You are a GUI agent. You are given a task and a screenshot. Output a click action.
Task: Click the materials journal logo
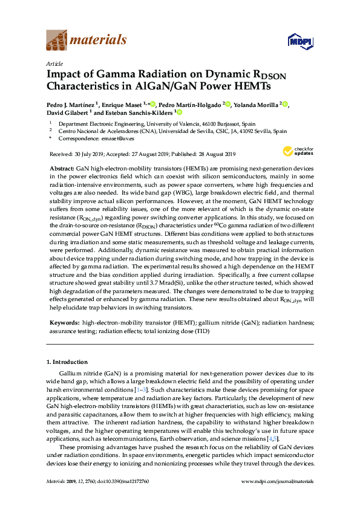pyautogui.click(x=87, y=41)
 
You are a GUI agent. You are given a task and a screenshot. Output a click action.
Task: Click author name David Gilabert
pyautogui.click(x=67, y=112)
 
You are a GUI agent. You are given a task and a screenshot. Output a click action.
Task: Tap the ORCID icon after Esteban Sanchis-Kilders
pyautogui.click(x=179, y=112)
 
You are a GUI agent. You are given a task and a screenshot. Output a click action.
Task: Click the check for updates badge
pyautogui.click(x=296, y=152)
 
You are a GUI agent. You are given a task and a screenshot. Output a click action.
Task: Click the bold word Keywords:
pyautogui.click(x=64, y=323)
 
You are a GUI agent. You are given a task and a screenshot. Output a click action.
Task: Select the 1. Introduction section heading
pyautogui.click(x=70, y=361)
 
